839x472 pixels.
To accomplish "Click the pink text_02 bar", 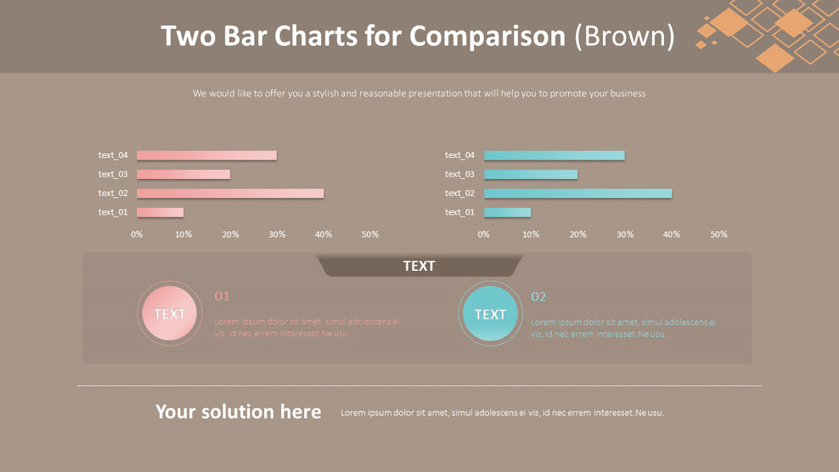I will [x=230, y=194].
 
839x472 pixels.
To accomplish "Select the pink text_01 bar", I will [x=160, y=212].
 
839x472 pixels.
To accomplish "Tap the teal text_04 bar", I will [x=554, y=155].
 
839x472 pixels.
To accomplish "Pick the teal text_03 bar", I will [x=531, y=175].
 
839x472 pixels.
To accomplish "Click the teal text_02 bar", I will [x=577, y=194].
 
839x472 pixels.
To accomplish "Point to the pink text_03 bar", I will [x=183, y=175].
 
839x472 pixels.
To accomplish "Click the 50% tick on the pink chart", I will [x=370, y=234].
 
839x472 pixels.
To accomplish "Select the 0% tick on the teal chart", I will [x=484, y=234].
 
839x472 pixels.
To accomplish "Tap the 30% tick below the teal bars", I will [x=625, y=234].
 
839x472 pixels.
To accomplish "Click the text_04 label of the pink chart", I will [x=113, y=155].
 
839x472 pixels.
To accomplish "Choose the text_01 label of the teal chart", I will [x=459, y=212].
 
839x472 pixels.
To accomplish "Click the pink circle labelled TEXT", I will [x=170, y=314].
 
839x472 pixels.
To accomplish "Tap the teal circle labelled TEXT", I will [x=490, y=314].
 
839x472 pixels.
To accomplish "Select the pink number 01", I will [x=222, y=296].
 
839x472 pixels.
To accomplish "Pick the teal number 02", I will [x=538, y=296].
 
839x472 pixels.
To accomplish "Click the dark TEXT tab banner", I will [x=419, y=267].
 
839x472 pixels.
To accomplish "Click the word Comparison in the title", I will [x=487, y=36].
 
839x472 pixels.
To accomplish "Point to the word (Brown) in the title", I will [x=625, y=36].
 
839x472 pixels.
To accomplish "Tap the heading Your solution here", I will [x=238, y=412].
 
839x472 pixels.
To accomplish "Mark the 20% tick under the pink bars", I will [x=230, y=234].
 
